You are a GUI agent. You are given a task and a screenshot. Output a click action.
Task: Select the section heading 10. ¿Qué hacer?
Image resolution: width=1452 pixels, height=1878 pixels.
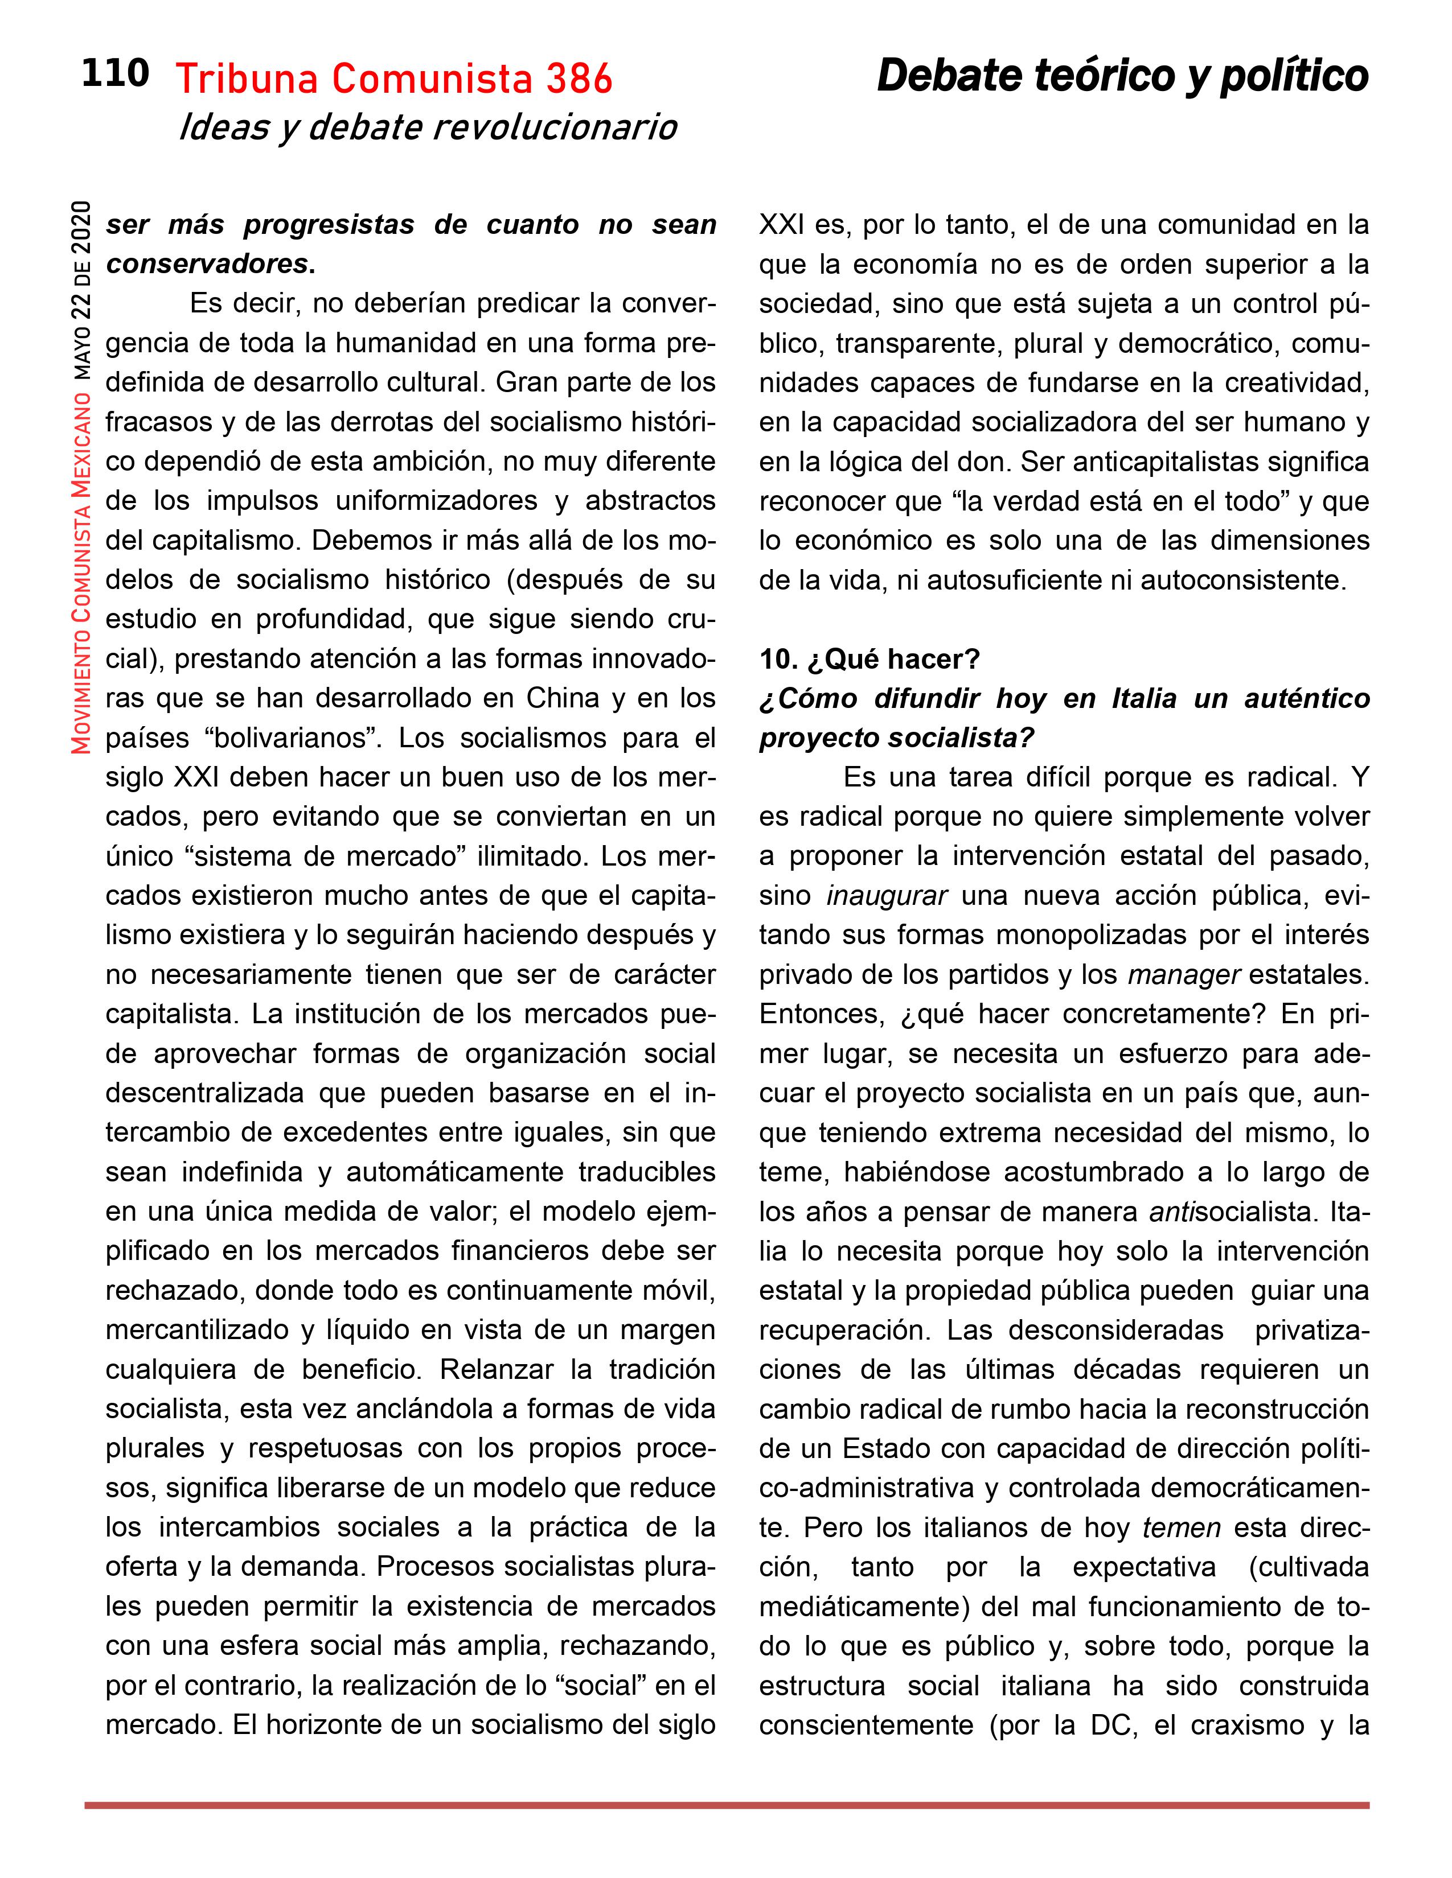869,660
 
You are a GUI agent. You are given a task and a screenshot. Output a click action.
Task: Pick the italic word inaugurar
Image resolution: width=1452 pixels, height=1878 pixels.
886,895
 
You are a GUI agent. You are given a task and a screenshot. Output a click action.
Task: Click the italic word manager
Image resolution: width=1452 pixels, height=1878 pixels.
1184,974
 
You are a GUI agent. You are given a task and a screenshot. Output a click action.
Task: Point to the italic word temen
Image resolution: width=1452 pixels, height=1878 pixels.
1181,1528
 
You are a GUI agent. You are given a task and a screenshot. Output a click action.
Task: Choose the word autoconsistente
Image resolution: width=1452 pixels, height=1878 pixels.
1243,580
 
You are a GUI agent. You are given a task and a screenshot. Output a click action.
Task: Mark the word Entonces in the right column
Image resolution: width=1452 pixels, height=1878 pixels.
822,1014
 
